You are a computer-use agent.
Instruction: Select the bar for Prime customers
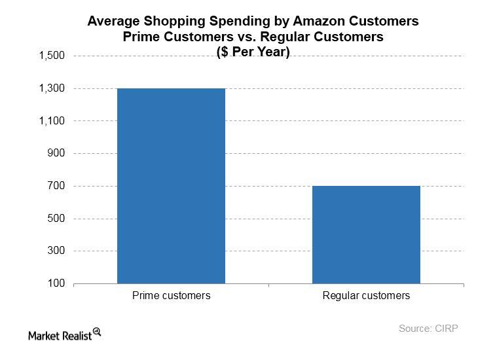[171, 186]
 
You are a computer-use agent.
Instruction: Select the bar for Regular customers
[366, 235]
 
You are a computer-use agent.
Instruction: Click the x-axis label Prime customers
[171, 296]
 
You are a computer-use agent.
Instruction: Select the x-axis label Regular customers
[366, 296]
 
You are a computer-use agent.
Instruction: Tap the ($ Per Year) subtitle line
[253, 52]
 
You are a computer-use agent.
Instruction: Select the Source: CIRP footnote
[428, 329]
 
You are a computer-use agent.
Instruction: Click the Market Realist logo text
[60, 335]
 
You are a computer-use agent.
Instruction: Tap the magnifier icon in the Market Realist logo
[97, 332]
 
